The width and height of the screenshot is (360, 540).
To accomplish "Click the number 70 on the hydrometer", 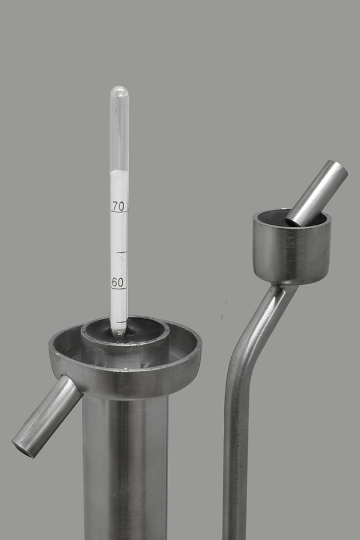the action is (x=118, y=207).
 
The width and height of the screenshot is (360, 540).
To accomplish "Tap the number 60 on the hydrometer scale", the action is (x=117, y=283).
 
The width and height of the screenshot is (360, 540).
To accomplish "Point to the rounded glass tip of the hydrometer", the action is (x=119, y=90).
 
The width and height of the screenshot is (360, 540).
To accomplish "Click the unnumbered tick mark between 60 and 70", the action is (x=122, y=252).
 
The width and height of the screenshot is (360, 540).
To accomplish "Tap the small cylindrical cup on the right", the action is (x=292, y=247).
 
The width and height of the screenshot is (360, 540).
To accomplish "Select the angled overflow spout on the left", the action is (x=46, y=416).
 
